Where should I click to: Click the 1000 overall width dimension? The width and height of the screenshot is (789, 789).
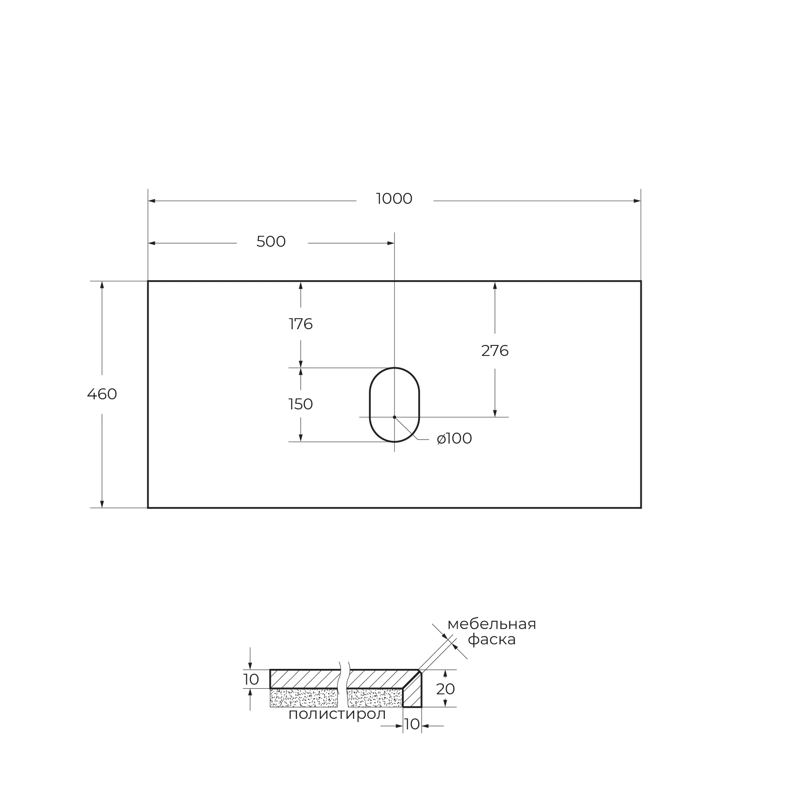point(394,199)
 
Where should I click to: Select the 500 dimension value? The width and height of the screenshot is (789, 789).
point(271,242)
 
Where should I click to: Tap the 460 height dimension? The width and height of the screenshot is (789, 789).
point(102,394)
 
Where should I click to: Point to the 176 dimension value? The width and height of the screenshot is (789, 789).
point(301,324)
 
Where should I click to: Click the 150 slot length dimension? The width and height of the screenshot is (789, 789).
point(301,404)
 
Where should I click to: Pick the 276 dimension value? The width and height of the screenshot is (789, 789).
point(495,351)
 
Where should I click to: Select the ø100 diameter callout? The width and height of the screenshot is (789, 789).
point(455,439)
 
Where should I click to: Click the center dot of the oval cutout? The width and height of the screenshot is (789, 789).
point(394,417)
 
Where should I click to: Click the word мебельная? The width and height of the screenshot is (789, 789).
point(492,624)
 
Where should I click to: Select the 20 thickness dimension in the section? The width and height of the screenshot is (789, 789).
point(445,689)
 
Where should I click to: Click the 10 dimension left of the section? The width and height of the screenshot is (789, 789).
point(251,679)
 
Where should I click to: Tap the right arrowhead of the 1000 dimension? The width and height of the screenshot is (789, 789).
point(637,201)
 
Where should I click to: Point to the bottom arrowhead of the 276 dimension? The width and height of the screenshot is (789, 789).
point(495,413)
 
